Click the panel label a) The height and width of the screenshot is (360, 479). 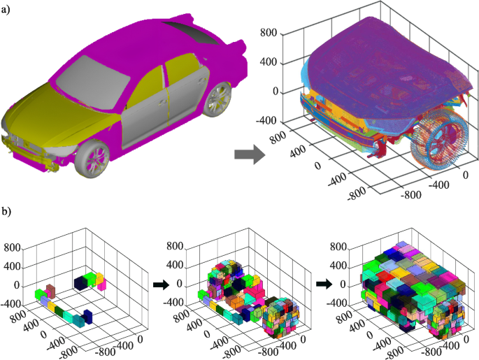click(6, 10)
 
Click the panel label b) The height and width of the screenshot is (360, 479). click(6, 211)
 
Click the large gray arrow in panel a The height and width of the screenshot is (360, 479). click(249, 154)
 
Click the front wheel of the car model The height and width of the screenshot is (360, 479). click(92, 159)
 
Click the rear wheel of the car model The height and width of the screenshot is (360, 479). click(217, 99)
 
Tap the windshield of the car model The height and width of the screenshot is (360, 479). click(93, 76)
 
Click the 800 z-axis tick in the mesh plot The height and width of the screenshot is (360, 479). click(269, 32)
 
